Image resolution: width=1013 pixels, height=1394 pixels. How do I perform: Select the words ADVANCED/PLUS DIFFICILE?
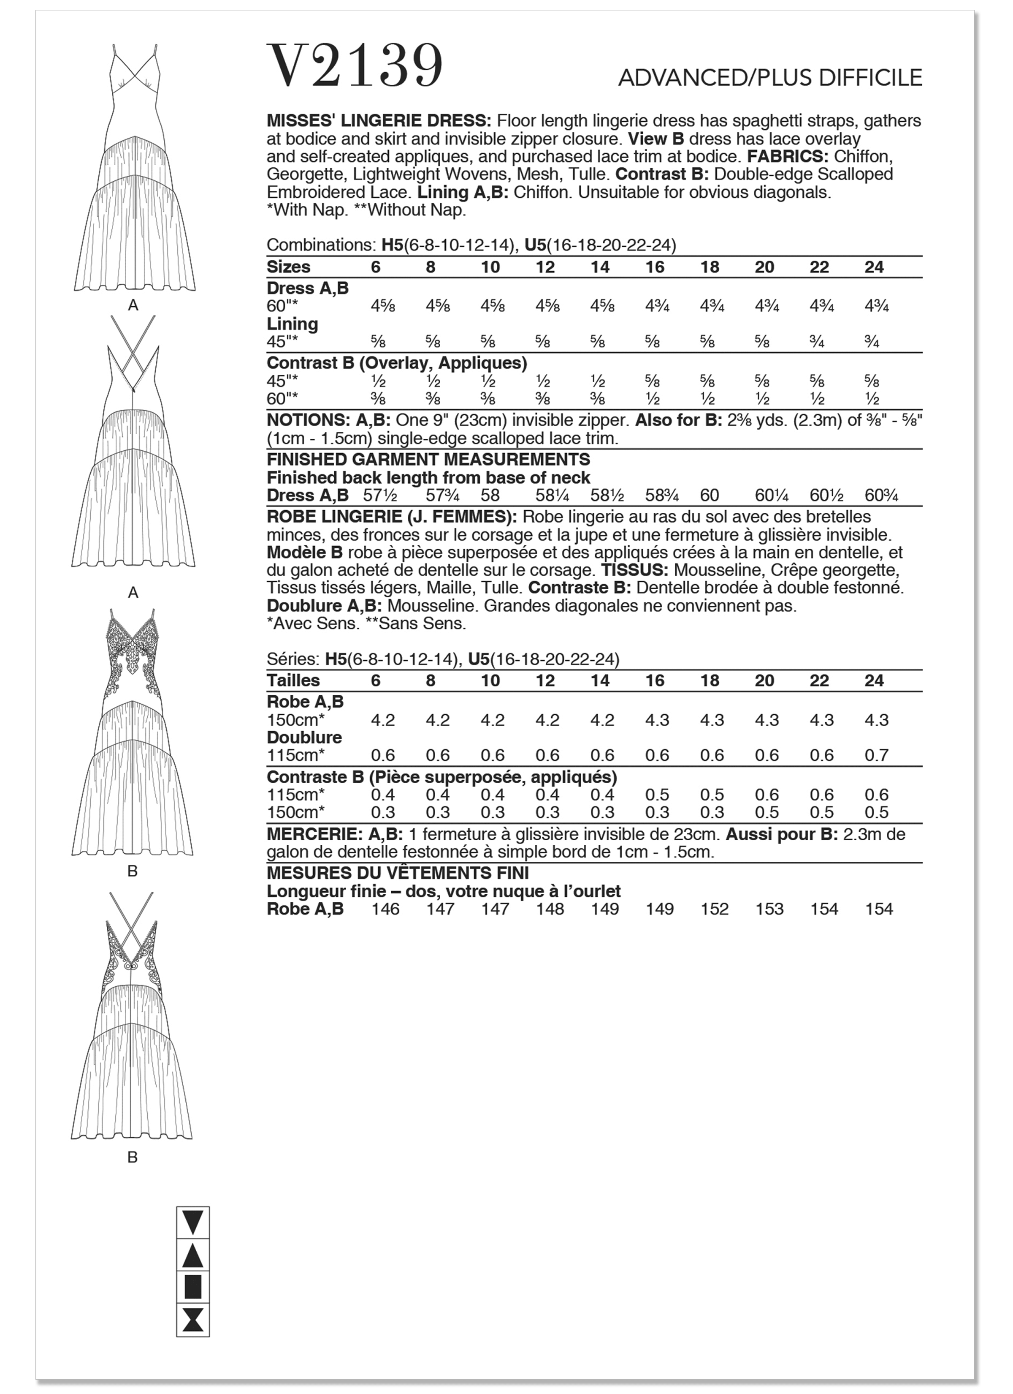coord(770,78)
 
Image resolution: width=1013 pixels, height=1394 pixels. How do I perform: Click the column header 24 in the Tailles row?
coord(874,681)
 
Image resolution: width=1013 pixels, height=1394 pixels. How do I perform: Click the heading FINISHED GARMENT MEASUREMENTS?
coord(428,459)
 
